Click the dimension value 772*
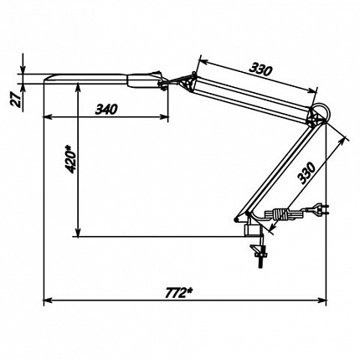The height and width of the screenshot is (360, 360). coord(179,293)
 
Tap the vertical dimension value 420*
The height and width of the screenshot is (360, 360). coord(70,159)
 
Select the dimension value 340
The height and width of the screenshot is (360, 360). coord(106,109)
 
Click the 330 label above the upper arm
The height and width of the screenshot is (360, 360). coord(260,69)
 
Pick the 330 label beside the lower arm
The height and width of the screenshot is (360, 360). coord(306,172)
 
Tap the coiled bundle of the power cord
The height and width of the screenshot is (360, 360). coord(280,215)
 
